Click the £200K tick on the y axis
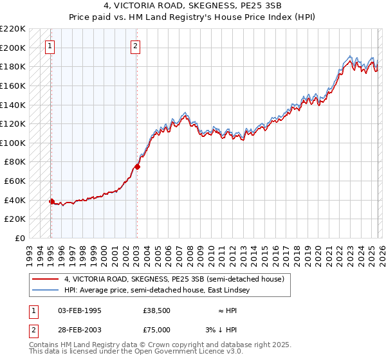(x=14, y=48)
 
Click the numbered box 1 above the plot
(x=50, y=46)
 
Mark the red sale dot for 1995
(x=51, y=201)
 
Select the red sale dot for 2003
(x=137, y=166)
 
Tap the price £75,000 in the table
(x=157, y=330)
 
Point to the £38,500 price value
(x=157, y=310)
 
